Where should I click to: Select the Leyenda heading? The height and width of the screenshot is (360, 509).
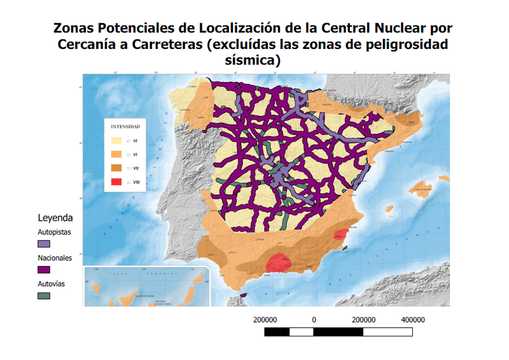pos(55,218)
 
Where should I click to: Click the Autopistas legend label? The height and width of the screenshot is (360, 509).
pos(55,232)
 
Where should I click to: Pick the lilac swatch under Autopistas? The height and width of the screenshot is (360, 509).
pos(44,244)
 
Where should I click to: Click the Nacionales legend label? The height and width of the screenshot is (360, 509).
pos(55,258)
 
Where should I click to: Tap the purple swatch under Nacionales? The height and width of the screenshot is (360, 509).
pos(44,270)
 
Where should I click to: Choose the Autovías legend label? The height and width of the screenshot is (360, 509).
pos(52,284)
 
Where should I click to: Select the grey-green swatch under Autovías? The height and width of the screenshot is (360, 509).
pos(44,296)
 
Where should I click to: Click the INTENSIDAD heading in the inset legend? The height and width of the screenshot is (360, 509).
pos(125,127)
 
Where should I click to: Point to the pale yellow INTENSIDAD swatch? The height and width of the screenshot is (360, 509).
pos(116,141)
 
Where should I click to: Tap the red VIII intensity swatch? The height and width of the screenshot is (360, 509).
pos(116,183)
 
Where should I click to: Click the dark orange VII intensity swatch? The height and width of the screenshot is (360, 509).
pos(116,169)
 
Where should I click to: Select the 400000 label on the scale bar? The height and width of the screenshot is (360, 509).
pos(412,320)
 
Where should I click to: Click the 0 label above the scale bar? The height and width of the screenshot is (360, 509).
pos(314,320)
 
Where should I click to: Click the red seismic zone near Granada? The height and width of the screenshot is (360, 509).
pos(278,261)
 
